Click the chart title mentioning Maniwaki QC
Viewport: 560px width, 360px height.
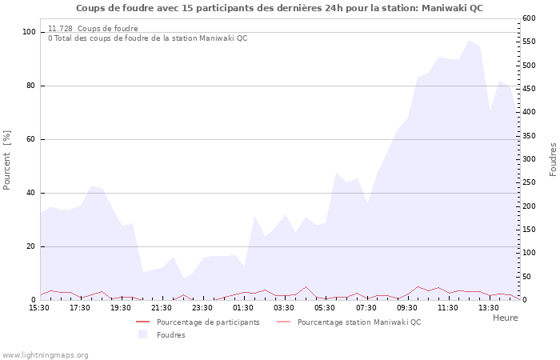coord(279,8)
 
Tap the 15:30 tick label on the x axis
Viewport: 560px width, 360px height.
coord(40,307)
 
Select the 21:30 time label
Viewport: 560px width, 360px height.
coord(162,307)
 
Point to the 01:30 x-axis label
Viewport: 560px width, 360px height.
coord(244,307)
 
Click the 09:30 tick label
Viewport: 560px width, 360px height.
coord(407,307)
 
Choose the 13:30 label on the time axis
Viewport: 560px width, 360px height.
coord(489,307)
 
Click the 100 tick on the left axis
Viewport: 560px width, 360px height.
coord(29,32)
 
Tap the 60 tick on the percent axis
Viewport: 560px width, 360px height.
coord(31,139)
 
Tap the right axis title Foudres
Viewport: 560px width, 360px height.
coord(553,159)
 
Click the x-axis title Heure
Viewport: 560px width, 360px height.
coord(505,318)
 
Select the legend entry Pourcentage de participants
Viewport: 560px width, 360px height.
coord(208,322)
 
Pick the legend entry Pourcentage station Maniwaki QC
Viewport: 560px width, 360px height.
coord(358,322)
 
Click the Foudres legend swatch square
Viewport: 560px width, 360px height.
coord(143,334)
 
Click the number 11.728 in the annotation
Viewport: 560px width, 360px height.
coord(61,29)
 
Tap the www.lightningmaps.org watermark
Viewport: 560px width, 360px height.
coord(45,355)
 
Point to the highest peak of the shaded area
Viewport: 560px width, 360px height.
coord(469,39)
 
